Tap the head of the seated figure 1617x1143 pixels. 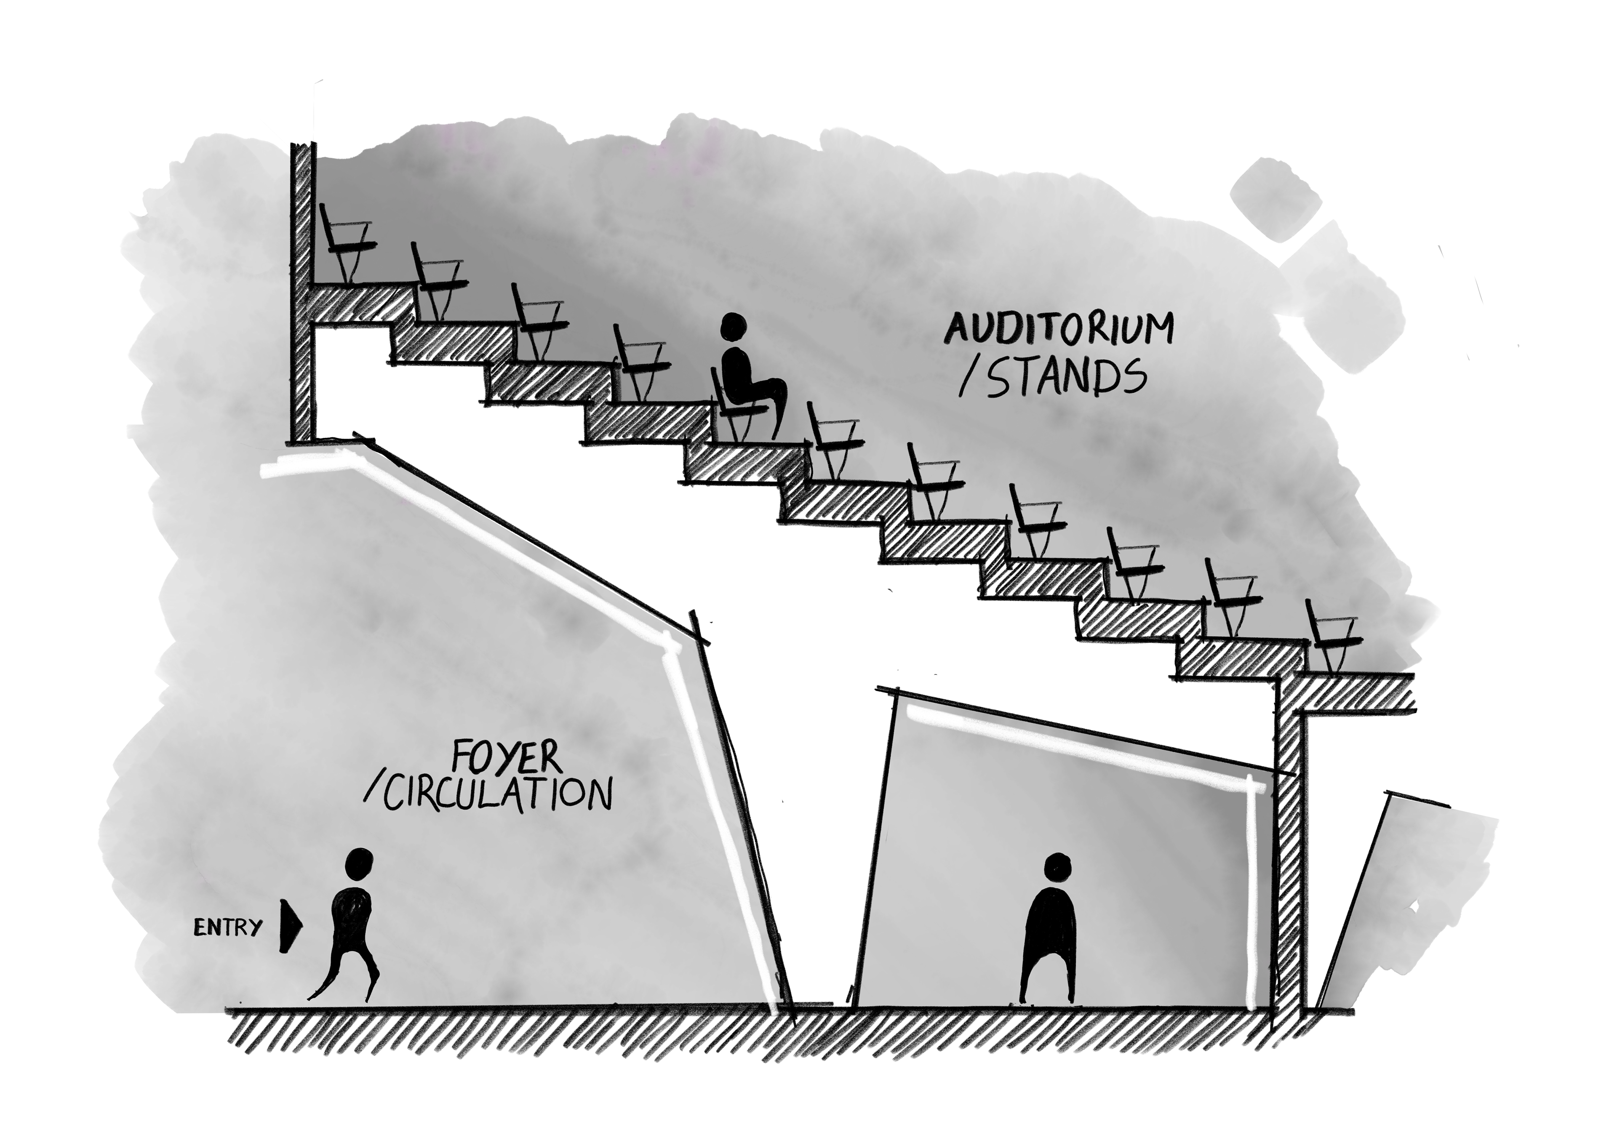click(734, 327)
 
